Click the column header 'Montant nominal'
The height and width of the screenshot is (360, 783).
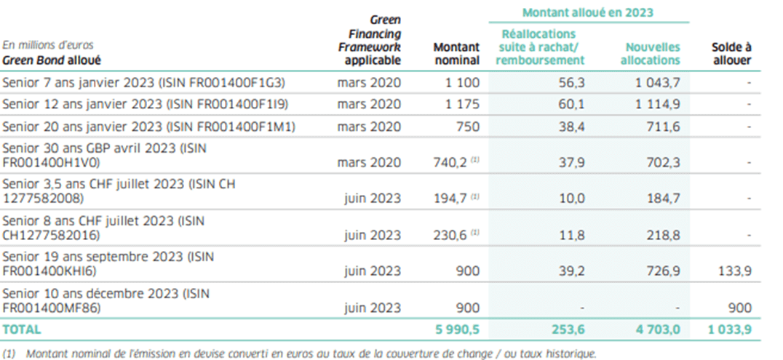point(456,53)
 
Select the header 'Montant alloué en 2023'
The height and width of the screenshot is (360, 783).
point(588,12)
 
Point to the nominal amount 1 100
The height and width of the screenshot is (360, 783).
point(463,83)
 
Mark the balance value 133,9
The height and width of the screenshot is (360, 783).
point(734,271)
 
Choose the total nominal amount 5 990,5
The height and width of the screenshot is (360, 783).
point(457,329)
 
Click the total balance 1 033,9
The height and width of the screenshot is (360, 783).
point(729,329)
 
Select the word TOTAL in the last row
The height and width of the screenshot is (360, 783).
point(22,329)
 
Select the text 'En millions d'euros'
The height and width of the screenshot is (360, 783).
point(48,45)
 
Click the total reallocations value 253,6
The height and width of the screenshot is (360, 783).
point(567,329)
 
